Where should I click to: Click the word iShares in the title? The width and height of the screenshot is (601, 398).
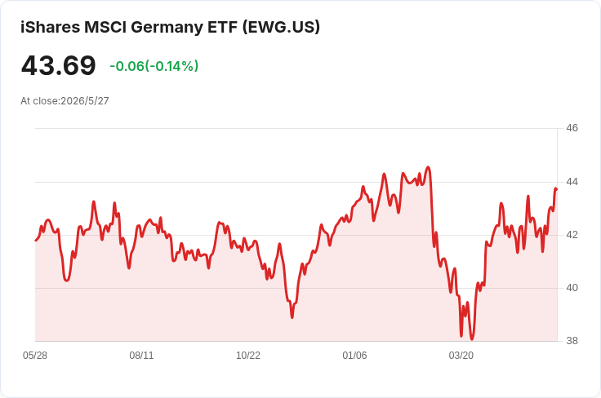[50, 27]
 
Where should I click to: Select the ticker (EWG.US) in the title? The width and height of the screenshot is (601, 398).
[281, 27]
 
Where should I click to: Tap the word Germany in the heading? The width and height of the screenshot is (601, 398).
[167, 28]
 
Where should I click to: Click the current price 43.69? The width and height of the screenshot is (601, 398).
[58, 65]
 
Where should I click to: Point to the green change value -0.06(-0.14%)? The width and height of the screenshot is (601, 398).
[154, 66]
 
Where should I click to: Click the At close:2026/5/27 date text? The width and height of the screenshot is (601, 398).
[65, 101]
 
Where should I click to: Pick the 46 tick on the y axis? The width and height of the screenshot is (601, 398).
[572, 128]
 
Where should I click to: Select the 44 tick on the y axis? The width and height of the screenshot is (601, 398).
[572, 181]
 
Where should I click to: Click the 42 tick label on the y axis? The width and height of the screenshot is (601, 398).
[572, 235]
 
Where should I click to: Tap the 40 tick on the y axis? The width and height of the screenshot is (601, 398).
[572, 287]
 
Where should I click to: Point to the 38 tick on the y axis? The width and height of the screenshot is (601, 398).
[572, 341]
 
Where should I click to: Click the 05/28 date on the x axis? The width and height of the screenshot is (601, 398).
[35, 356]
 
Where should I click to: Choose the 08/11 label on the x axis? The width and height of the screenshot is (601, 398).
[141, 356]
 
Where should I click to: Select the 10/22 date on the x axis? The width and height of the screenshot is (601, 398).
[248, 356]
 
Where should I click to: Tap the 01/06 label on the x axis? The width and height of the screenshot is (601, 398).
[354, 356]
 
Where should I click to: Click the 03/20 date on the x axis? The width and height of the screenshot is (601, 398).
[461, 356]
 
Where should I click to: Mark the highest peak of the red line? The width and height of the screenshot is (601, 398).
[428, 167]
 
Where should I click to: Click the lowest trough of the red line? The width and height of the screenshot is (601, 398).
[472, 339]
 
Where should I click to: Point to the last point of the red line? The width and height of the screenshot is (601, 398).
[556, 189]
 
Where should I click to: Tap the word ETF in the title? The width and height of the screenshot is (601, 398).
[222, 27]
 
